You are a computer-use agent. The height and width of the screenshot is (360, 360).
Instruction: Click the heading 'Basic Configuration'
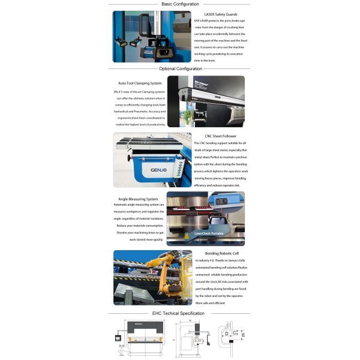click(x=180, y=4)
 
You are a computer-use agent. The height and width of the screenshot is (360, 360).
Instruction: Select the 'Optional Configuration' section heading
click(x=180, y=68)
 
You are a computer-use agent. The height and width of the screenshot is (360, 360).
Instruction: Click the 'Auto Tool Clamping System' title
click(x=140, y=83)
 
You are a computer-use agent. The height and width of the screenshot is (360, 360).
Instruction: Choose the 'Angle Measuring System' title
click(x=138, y=199)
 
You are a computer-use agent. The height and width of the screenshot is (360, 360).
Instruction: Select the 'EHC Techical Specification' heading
click(x=179, y=313)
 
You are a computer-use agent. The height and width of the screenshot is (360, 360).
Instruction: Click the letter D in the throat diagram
click(x=227, y=333)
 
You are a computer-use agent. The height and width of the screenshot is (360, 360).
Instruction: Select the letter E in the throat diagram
click(x=243, y=334)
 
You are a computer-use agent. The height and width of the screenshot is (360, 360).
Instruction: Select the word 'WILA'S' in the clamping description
click(x=118, y=91)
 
